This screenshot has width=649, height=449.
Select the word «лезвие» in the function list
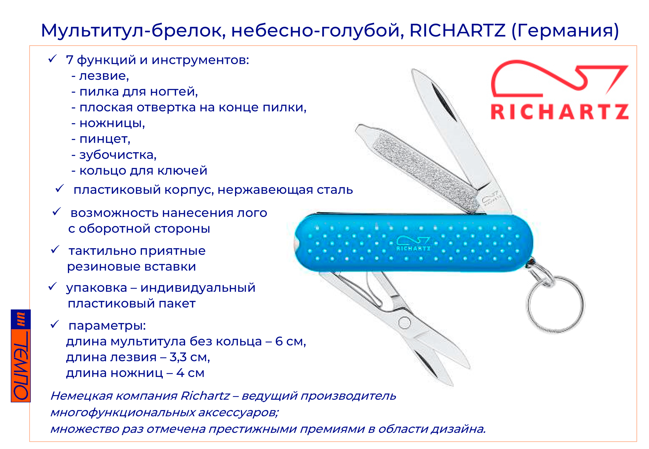[104, 76]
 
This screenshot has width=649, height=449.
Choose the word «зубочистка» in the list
[118, 155]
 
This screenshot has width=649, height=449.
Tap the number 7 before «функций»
[69, 60]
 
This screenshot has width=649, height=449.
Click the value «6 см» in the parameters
[290, 341]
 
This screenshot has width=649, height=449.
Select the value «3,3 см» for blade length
[190, 357]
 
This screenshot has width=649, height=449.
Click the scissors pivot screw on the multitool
[404, 323]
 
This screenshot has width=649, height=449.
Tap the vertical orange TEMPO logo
[21, 356]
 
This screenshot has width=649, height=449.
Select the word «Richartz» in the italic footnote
[205, 396]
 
